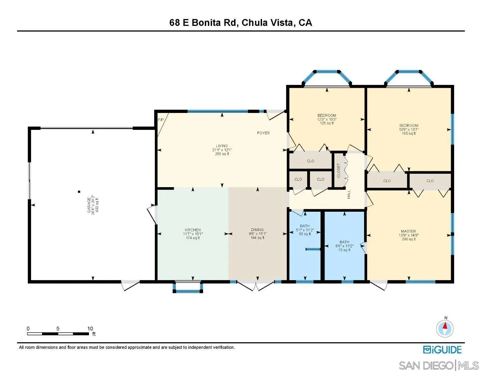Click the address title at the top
[241, 23]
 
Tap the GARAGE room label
[89, 206]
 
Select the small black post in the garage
[79, 191]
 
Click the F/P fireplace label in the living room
[160, 120]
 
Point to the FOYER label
[263, 133]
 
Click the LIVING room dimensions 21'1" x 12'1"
[222, 150]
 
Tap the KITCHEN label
[193, 230]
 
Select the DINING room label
[257, 230]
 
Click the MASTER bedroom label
[408, 231]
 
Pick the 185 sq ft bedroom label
[409, 126]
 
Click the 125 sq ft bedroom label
[327, 115]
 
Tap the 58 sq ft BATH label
[305, 226]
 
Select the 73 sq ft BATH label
[344, 242]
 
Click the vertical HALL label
[349, 194]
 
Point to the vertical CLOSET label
[339, 171]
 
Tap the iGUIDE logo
[442, 350]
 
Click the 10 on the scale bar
[90, 328]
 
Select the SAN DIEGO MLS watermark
[439, 365]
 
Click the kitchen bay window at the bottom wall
[188, 288]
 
